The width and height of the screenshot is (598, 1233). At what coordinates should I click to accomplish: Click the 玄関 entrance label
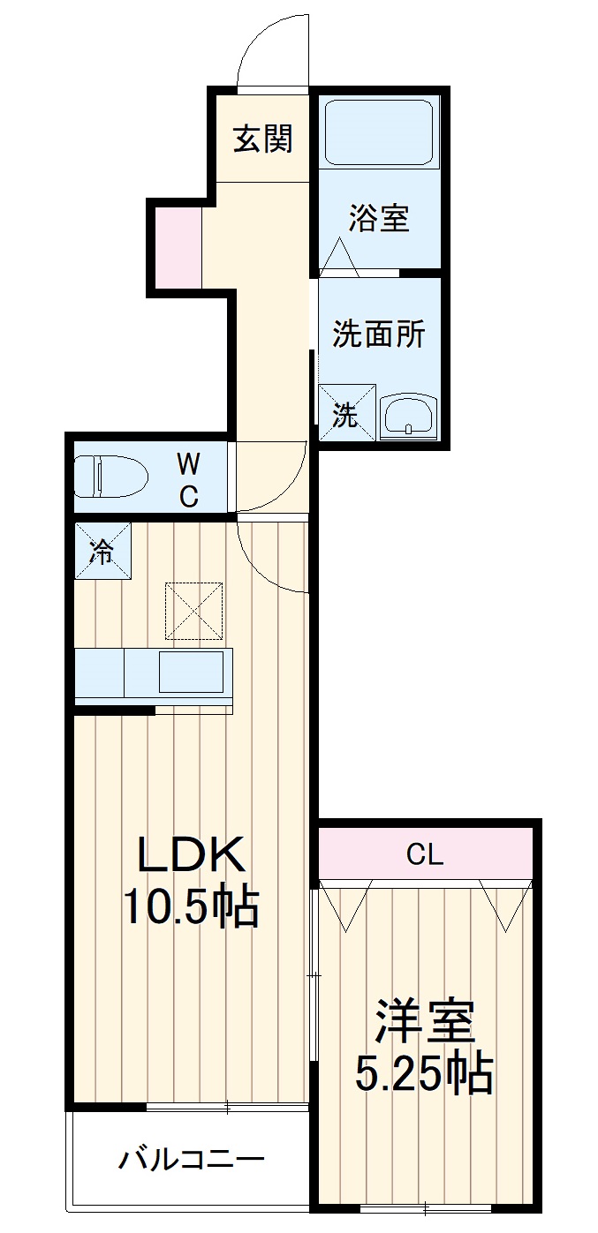263,139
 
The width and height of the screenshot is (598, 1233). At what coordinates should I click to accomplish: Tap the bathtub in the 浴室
379,132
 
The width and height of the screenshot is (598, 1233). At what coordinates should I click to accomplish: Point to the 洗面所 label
379,334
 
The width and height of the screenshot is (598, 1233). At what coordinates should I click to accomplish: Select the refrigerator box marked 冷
103,551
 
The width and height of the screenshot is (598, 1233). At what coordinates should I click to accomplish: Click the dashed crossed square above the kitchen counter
194,611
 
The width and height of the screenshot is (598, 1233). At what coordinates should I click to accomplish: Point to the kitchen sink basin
192,672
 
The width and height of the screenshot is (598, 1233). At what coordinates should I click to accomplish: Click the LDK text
191,854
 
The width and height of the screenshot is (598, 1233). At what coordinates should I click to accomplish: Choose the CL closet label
425,855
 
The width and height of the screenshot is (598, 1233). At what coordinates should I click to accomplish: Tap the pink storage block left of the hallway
178,247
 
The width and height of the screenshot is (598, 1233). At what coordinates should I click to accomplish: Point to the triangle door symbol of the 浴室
339,257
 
